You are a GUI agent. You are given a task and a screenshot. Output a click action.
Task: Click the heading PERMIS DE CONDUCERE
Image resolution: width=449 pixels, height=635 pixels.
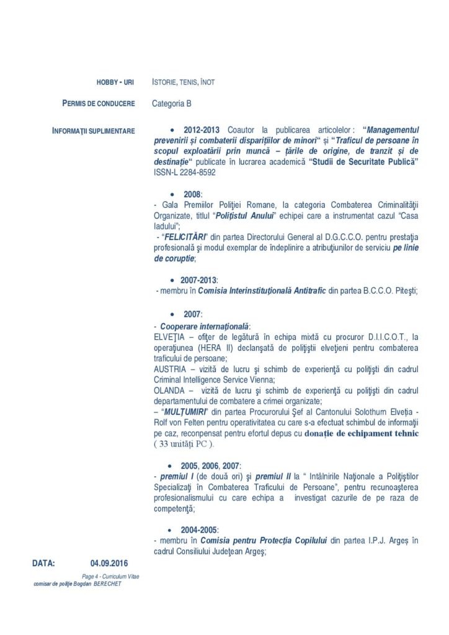pyautogui.click(x=99, y=103)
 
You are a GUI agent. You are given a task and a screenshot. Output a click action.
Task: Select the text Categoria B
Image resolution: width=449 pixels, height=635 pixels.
pyautogui.click(x=172, y=104)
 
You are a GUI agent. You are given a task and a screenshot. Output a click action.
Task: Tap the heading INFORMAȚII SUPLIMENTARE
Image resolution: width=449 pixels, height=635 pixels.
pyautogui.click(x=94, y=131)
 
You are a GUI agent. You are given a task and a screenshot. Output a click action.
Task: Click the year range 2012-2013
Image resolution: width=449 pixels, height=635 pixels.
pyautogui.click(x=202, y=130)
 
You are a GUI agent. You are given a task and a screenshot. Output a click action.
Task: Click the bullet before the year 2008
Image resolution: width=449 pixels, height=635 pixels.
pyautogui.click(x=172, y=195)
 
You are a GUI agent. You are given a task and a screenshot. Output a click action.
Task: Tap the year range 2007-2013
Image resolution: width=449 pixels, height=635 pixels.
pyautogui.click(x=198, y=280)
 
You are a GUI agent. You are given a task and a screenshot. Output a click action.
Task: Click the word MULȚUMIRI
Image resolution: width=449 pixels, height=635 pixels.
pyautogui.click(x=184, y=412)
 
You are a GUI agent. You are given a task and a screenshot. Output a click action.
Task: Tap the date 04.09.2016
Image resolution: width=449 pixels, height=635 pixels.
pyautogui.click(x=109, y=564)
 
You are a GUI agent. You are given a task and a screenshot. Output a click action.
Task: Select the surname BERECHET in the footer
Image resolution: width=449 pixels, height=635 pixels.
pyautogui.click(x=105, y=584)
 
